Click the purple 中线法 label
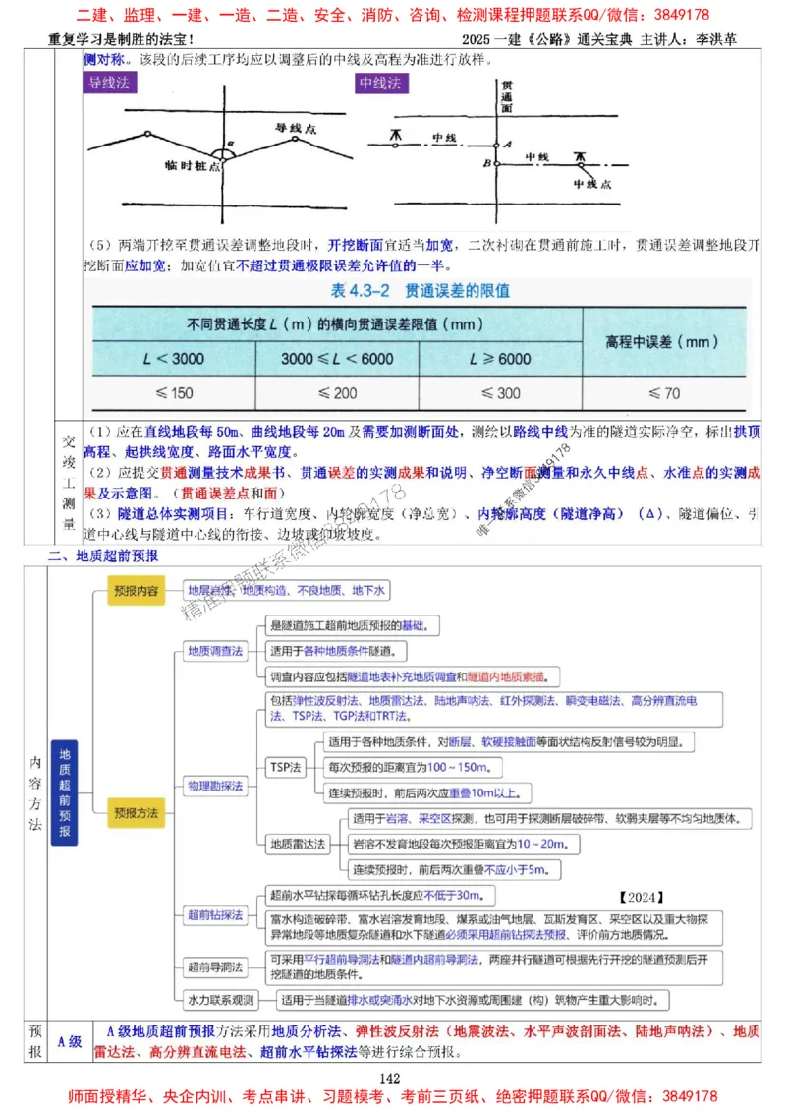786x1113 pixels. point(380,84)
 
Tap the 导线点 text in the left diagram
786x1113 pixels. point(294,129)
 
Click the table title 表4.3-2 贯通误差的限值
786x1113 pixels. point(420,291)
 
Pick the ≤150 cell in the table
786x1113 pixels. point(173,392)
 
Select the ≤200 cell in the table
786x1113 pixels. point(336,392)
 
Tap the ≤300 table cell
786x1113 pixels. point(500,392)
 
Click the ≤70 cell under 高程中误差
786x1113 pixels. point(664,392)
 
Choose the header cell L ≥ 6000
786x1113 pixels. point(500,359)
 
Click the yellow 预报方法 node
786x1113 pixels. point(135,813)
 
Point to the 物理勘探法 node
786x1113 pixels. point(215,786)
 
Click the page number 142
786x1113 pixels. point(393,1079)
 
